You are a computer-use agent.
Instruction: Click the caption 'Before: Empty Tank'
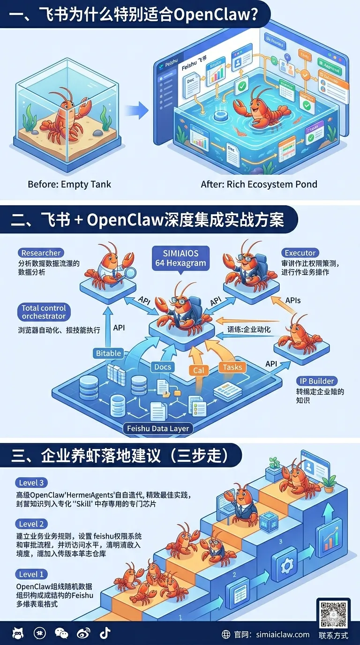[x=69, y=184]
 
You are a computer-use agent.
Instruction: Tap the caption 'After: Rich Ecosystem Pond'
[x=259, y=184]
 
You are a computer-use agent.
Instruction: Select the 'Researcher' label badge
[x=42, y=253]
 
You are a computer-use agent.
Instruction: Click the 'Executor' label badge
[x=300, y=253]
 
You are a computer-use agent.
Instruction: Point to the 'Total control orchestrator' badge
[x=44, y=312]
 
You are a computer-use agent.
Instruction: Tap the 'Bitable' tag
[x=108, y=353]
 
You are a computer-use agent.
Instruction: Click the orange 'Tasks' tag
[x=232, y=367]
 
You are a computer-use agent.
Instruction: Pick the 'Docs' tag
[x=163, y=367]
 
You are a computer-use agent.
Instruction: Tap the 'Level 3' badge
[x=33, y=483]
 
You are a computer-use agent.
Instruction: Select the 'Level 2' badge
[x=33, y=524]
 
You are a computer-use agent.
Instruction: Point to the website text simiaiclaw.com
[x=283, y=634]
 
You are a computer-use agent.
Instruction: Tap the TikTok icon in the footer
[x=105, y=633]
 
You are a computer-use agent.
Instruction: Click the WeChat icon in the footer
[x=61, y=633]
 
